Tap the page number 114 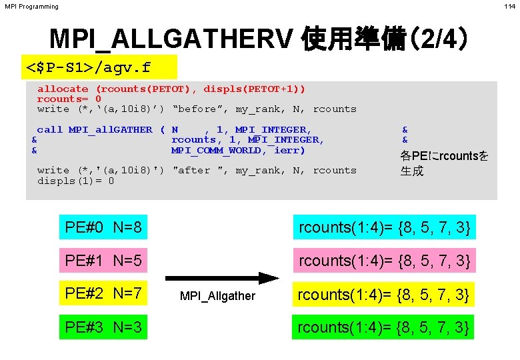tap(509, 7)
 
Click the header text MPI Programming tap(31, 7)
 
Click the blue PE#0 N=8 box tap(103, 228)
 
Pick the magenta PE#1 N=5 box tap(103, 261)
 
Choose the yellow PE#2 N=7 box tap(103, 294)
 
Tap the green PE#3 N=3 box tap(103, 327)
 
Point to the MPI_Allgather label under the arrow tap(217, 295)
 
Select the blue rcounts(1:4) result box tap(385, 228)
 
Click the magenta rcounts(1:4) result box tap(385, 261)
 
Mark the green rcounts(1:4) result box tap(385, 327)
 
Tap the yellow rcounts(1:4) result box tap(385, 294)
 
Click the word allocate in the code tap(63, 89)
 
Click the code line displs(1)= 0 tap(75, 181)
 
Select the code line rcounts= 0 tap(69, 99)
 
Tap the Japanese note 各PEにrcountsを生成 tap(444, 163)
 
